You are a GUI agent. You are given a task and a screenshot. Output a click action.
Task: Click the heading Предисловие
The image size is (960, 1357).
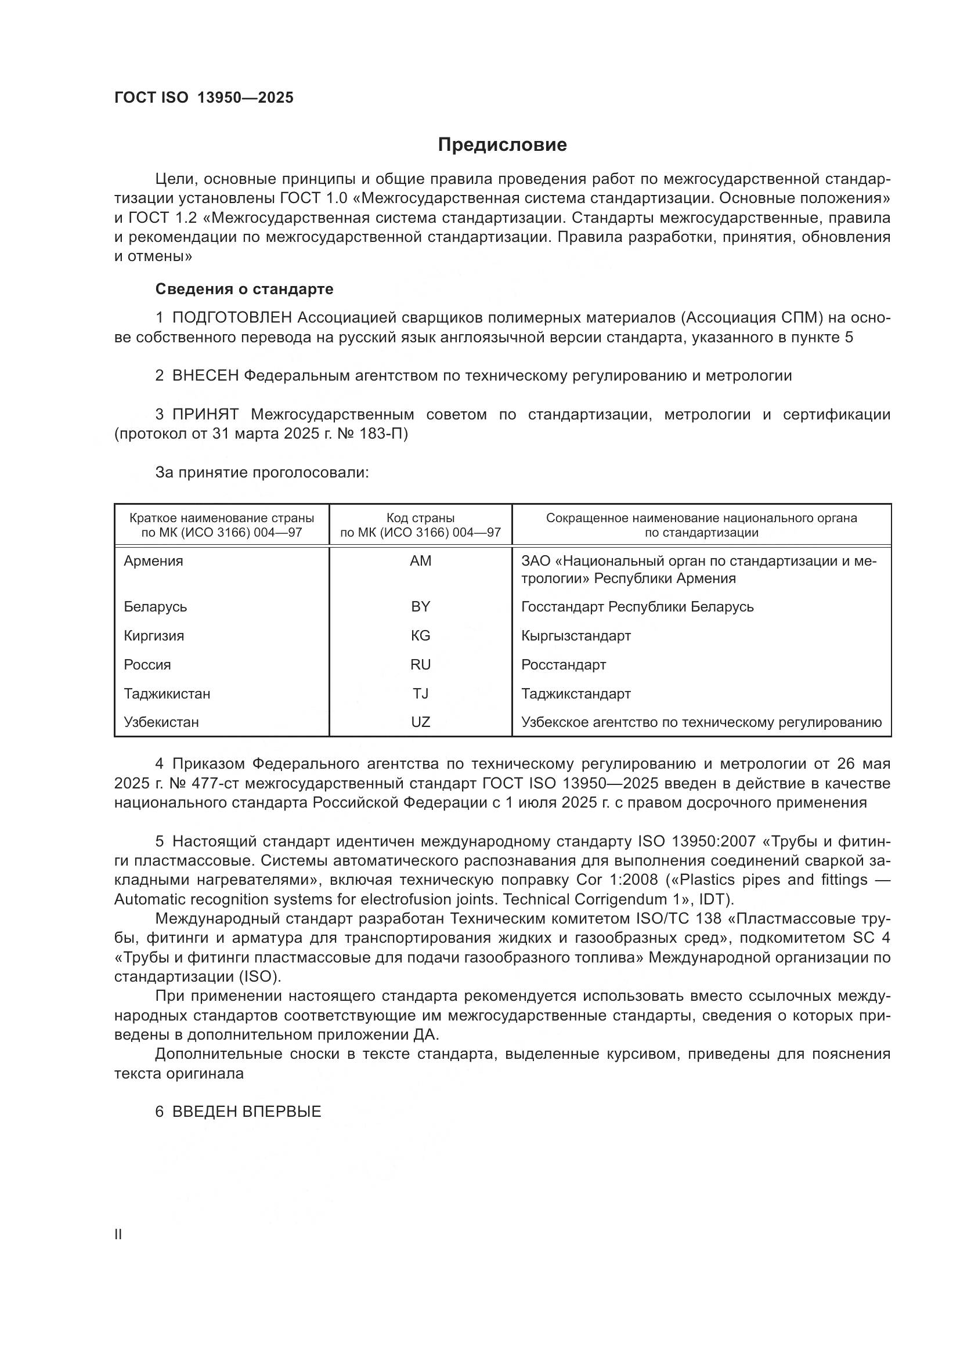click(x=502, y=145)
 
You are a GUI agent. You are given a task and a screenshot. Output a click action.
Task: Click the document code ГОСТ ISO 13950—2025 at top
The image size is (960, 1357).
click(x=203, y=98)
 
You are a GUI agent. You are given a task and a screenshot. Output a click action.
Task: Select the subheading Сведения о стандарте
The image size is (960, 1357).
click(x=244, y=289)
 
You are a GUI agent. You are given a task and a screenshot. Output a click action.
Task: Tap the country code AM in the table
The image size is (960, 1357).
click(x=420, y=561)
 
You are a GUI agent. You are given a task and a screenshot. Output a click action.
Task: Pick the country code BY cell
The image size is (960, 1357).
click(x=420, y=607)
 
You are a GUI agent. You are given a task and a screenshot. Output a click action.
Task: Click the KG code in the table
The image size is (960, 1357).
click(x=420, y=636)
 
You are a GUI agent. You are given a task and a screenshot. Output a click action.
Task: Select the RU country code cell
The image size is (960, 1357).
click(x=420, y=665)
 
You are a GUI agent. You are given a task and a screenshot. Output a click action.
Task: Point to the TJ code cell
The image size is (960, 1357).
click(x=420, y=693)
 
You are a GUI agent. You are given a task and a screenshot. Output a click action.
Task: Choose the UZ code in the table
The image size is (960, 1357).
click(x=420, y=722)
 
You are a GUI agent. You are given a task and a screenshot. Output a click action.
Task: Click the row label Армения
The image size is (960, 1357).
click(x=154, y=561)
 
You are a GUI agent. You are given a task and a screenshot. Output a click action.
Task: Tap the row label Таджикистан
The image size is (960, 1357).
click(x=167, y=693)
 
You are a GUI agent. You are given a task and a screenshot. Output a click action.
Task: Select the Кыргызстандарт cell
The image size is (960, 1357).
click(x=576, y=636)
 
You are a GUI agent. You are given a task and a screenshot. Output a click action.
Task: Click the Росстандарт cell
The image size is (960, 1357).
click(x=564, y=665)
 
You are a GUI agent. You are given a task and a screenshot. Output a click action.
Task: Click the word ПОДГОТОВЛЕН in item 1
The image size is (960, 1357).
click(x=232, y=318)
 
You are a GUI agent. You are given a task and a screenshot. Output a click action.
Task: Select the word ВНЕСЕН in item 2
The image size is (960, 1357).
click(x=205, y=376)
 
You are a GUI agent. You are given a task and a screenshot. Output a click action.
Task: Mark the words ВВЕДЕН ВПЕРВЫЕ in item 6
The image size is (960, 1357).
click(x=247, y=1112)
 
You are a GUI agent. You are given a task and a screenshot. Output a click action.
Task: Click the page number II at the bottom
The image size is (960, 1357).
click(x=118, y=1235)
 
